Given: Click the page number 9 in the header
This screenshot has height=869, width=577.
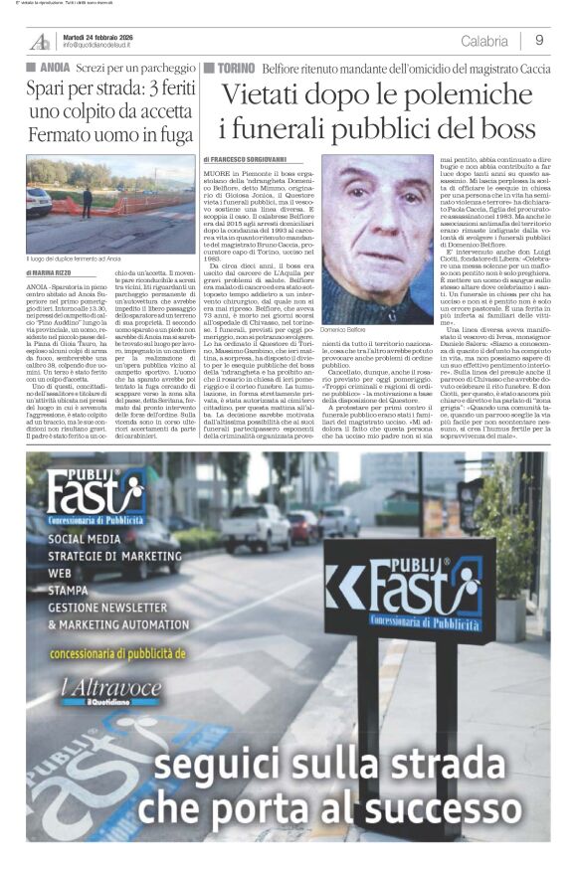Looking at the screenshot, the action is pos(538,41).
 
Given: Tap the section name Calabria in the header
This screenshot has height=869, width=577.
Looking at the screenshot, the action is pos(484,41).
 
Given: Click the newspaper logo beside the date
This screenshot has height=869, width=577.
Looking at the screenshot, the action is pos(40,41).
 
